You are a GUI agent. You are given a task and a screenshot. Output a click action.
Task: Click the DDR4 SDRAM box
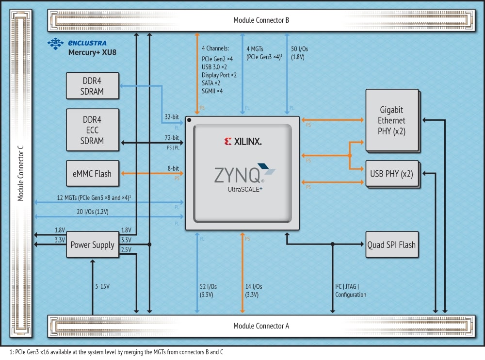92,85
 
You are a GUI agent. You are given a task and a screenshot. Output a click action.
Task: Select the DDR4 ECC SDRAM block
92,130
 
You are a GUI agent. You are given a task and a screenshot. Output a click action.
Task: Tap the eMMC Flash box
92,174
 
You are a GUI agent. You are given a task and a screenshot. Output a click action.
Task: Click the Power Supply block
92,245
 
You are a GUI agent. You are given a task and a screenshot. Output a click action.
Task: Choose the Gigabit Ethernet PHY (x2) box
392,120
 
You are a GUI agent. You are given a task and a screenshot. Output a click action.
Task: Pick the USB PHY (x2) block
392,174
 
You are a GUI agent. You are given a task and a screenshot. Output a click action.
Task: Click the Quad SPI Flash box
392,245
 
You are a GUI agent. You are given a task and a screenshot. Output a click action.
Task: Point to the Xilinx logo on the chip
242,142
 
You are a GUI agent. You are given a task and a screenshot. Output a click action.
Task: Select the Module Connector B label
261,20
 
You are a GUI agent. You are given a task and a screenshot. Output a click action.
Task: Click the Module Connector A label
261,326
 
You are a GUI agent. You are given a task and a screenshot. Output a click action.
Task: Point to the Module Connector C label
20,175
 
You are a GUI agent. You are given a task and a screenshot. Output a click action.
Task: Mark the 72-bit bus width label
172,138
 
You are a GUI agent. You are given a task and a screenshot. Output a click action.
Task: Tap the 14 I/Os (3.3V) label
254,291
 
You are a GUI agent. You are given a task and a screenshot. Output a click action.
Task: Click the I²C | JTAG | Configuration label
351,291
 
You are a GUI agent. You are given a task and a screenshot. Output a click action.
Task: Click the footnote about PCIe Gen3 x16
116,352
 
